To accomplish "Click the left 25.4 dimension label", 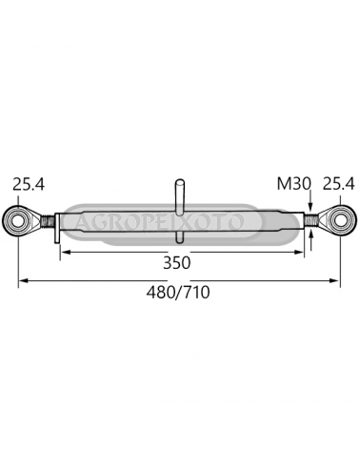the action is (29, 184).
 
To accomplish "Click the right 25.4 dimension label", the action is (338, 184).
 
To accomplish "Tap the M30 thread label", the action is (294, 184).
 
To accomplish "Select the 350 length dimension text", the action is (177, 263).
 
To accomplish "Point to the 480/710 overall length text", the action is (178, 292).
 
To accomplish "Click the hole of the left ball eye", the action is (18, 219).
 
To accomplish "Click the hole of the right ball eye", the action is (340, 219).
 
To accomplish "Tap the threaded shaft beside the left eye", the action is (48, 220).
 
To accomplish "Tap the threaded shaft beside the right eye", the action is (311, 220).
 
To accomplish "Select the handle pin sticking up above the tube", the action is (180, 195).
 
